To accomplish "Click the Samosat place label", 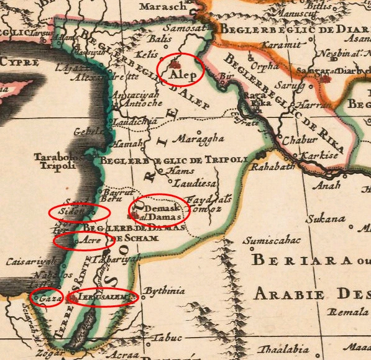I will (184, 28).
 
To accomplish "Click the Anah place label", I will (328, 185).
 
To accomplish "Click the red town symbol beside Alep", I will (175, 64).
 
